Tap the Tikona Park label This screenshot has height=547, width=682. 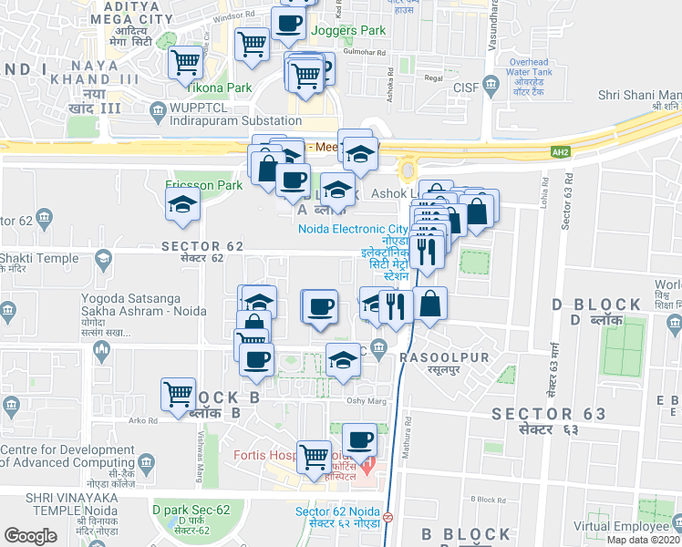(219, 88)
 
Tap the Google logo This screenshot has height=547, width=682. (30, 535)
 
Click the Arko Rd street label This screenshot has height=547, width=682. (143, 420)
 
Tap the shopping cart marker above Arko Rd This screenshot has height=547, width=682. (178, 394)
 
